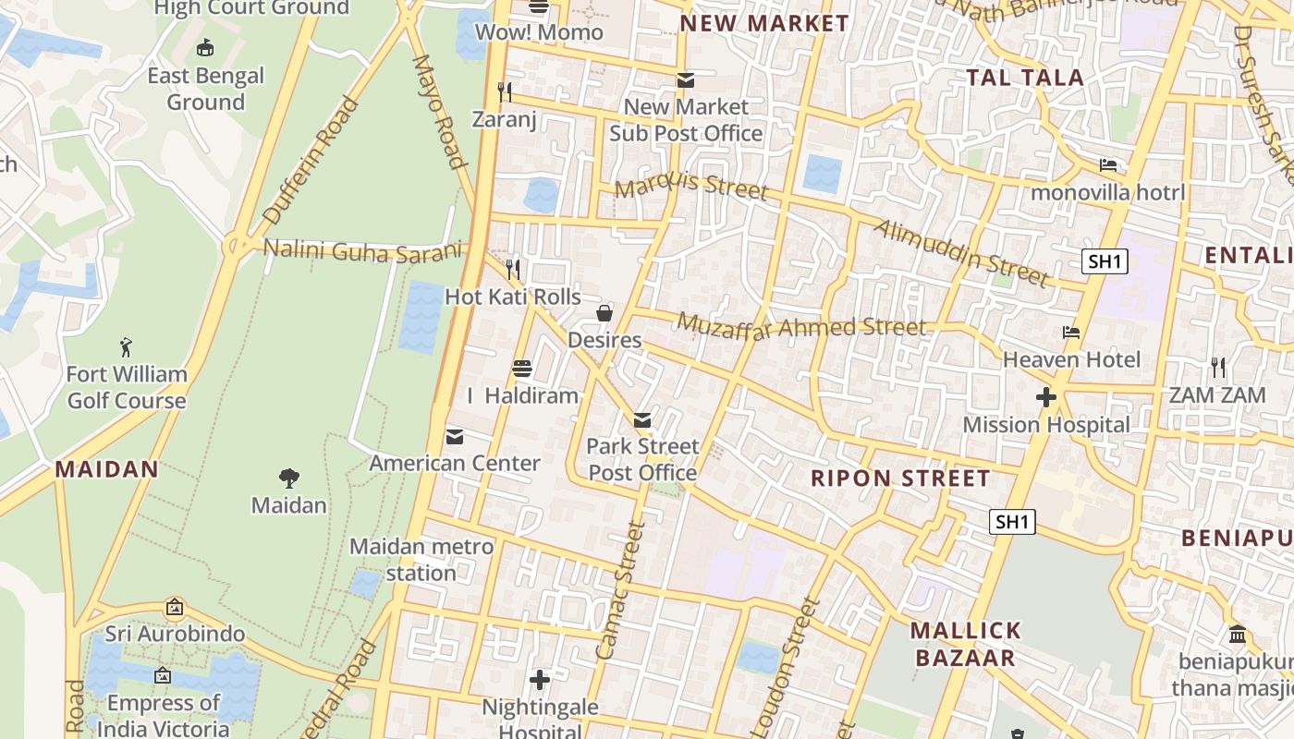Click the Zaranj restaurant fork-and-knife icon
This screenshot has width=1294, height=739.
[x=505, y=91]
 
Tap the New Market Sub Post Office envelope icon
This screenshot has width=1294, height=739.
[x=685, y=80]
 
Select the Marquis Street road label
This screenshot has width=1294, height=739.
[x=690, y=188]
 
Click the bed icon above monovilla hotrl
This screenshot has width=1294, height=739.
[x=1107, y=165]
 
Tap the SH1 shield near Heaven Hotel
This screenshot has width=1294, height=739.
[x=1105, y=261]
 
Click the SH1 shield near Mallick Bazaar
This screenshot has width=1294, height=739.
[x=1012, y=522]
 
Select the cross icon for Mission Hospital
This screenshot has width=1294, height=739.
[x=1045, y=398]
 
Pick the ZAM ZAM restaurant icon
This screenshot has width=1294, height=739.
[x=1217, y=368]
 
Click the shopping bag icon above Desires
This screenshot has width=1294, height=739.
[x=604, y=313]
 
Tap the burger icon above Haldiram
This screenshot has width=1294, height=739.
[x=521, y=369]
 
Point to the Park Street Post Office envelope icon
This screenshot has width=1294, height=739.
[x=642, y=420]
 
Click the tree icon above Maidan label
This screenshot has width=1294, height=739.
[x=289, y=478]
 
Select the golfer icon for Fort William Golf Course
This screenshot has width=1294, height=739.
[x=126, y=347]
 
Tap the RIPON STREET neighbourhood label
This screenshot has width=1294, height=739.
[x=900, y=479]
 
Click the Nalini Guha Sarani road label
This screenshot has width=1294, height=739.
[x=361, y=250]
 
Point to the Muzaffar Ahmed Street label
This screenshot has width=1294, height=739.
[x=800, y=326]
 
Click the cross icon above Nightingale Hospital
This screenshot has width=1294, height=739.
[x=540, y=681]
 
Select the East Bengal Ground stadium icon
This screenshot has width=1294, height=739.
[x=205, y=47]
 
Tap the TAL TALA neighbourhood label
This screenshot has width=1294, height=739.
[x=1024, y=78]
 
